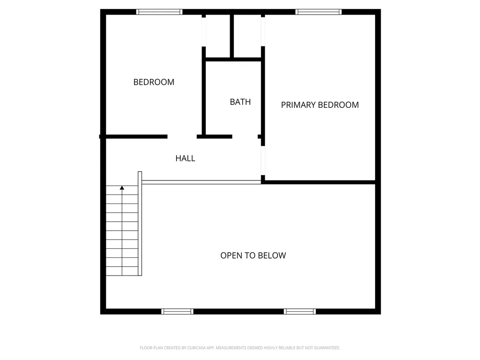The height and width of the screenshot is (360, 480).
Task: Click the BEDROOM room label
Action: [154, 82]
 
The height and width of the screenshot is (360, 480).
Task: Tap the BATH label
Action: [240, 102]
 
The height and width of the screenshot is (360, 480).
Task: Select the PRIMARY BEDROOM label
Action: [320, 105]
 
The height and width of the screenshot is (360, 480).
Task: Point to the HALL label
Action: [185, 158]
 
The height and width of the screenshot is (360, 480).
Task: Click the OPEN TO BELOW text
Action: [253, 255]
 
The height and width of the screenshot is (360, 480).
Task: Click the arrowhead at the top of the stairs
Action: [122, 188]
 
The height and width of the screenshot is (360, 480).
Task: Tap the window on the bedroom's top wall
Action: [159, 12]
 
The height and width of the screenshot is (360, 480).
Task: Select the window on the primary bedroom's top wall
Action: [319, 12]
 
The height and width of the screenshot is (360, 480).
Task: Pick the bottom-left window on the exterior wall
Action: [177, 311]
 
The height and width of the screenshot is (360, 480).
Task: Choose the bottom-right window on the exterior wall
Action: [300, 311]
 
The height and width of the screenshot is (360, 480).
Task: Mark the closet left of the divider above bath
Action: [217, 36]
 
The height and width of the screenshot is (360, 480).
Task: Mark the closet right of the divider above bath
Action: [247, 36]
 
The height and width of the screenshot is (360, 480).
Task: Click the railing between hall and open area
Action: [202, 182]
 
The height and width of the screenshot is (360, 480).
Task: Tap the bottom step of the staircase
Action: [122, 271]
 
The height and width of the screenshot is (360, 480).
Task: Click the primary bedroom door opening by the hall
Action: [263, 159]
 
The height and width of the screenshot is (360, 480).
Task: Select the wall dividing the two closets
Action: [232, 36]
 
